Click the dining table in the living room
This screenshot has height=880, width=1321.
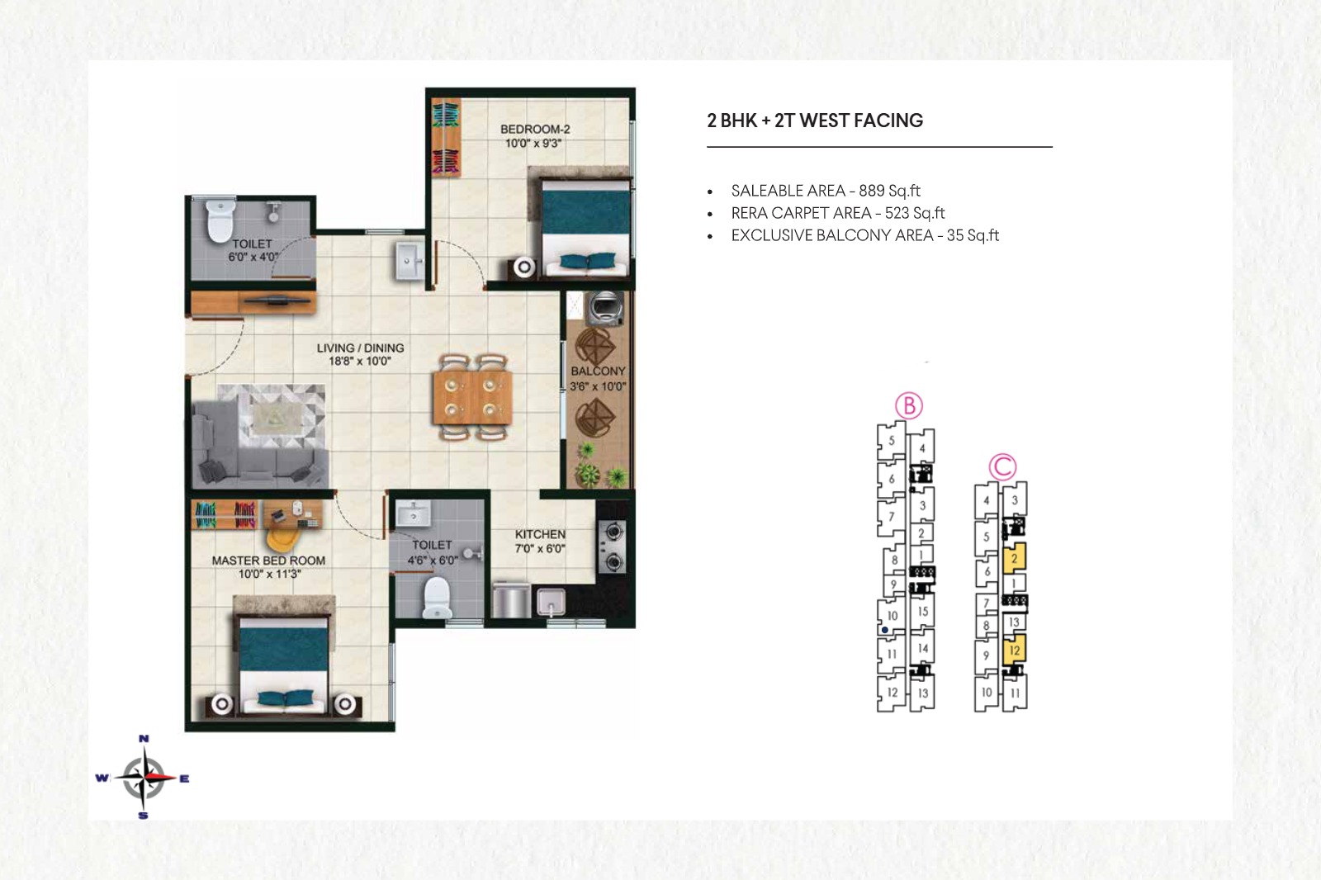(x=472, y=397)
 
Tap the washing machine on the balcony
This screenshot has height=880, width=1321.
(x=604, y=309)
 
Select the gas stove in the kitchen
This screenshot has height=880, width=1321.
(x=613, y=546)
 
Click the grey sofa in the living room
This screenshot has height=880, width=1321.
(x=259, y=444)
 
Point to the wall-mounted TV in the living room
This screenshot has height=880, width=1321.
(x=277, y=300)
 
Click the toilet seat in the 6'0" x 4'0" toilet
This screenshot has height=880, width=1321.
(x=220, y=220)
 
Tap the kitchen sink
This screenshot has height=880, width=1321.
(x=551, y=603)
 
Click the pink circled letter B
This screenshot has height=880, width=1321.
(x=909, y=406)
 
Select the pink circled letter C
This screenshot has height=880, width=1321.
(x=1002, y=467)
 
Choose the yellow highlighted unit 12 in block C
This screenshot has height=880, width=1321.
(x=1015, y=651)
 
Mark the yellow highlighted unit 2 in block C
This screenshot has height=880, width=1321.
(x=1015, y=558)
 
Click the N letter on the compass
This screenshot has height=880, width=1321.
(x=144, y=739)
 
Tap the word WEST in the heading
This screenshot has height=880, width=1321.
(x=825, y=121)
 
